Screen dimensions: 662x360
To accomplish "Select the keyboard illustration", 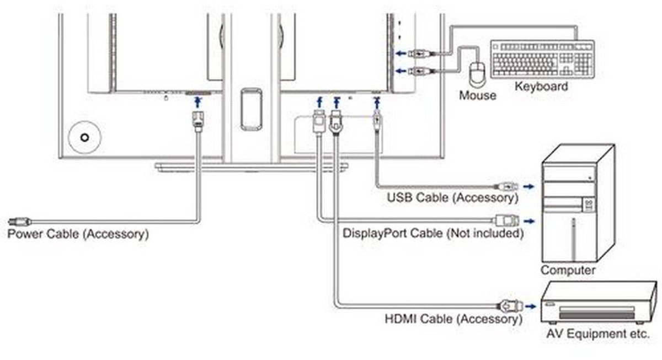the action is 543,59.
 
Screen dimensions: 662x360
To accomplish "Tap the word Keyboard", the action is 541,87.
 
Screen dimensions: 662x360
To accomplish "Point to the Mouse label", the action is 478,95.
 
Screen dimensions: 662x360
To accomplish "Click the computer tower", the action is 578,203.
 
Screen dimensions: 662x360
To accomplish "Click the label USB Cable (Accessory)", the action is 453,198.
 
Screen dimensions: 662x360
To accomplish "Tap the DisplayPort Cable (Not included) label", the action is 433,233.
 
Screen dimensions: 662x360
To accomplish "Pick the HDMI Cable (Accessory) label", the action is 453,319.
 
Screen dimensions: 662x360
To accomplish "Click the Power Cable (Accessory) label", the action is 78,234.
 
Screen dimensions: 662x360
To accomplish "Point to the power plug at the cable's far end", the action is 19,222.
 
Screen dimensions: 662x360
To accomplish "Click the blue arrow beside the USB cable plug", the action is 528,186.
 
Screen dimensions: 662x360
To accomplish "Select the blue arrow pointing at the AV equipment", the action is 531,307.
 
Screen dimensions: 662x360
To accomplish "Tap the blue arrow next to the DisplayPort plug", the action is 529,221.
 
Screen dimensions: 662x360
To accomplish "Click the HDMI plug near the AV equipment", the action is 510,307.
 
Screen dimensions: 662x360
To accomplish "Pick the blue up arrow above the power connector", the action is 198,103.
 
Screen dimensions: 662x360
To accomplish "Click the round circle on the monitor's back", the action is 85,137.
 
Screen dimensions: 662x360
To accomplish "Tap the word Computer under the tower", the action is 568,270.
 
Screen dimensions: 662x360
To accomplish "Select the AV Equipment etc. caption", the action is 598,334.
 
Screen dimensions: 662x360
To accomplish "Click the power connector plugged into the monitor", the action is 197,121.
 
